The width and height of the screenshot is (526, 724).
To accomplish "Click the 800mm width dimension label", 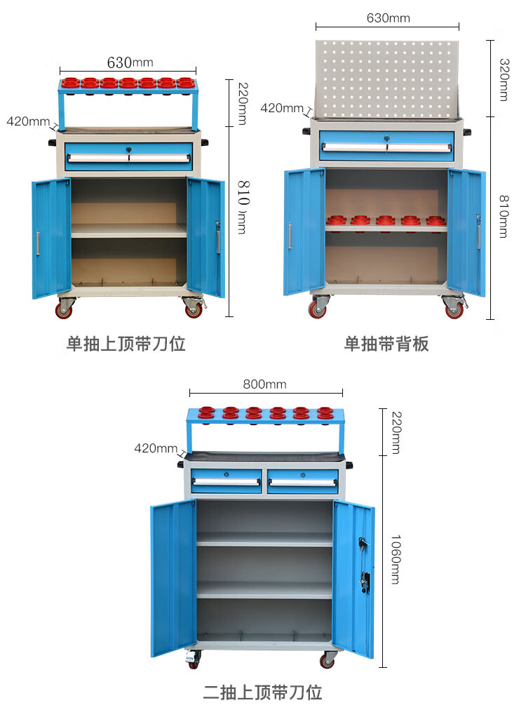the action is point(264,384).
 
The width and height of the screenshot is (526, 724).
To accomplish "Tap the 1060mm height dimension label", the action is point(395,559).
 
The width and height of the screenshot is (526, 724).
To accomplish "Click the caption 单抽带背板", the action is point(386,344).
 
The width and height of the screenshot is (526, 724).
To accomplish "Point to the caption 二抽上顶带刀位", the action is point(263,693).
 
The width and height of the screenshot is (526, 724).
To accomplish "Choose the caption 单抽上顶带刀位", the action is point(126,344).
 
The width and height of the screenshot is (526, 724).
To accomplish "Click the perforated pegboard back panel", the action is point(386,79).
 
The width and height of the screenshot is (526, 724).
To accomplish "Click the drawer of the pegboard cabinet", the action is point(386,146).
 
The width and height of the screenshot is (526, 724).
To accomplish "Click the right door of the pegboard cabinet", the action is point(466,232).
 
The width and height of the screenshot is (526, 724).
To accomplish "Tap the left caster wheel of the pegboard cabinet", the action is point(318,309).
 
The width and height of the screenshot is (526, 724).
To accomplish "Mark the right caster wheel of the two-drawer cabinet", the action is point(328,660).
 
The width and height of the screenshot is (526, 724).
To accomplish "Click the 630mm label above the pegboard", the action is point(388,18).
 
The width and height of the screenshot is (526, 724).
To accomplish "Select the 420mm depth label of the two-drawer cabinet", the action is point(156,448).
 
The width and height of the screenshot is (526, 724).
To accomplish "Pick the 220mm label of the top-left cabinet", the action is point(242,104).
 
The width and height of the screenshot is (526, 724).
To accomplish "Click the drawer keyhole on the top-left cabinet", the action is point(128,149).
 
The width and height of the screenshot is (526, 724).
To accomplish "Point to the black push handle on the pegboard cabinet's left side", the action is point(306,131).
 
